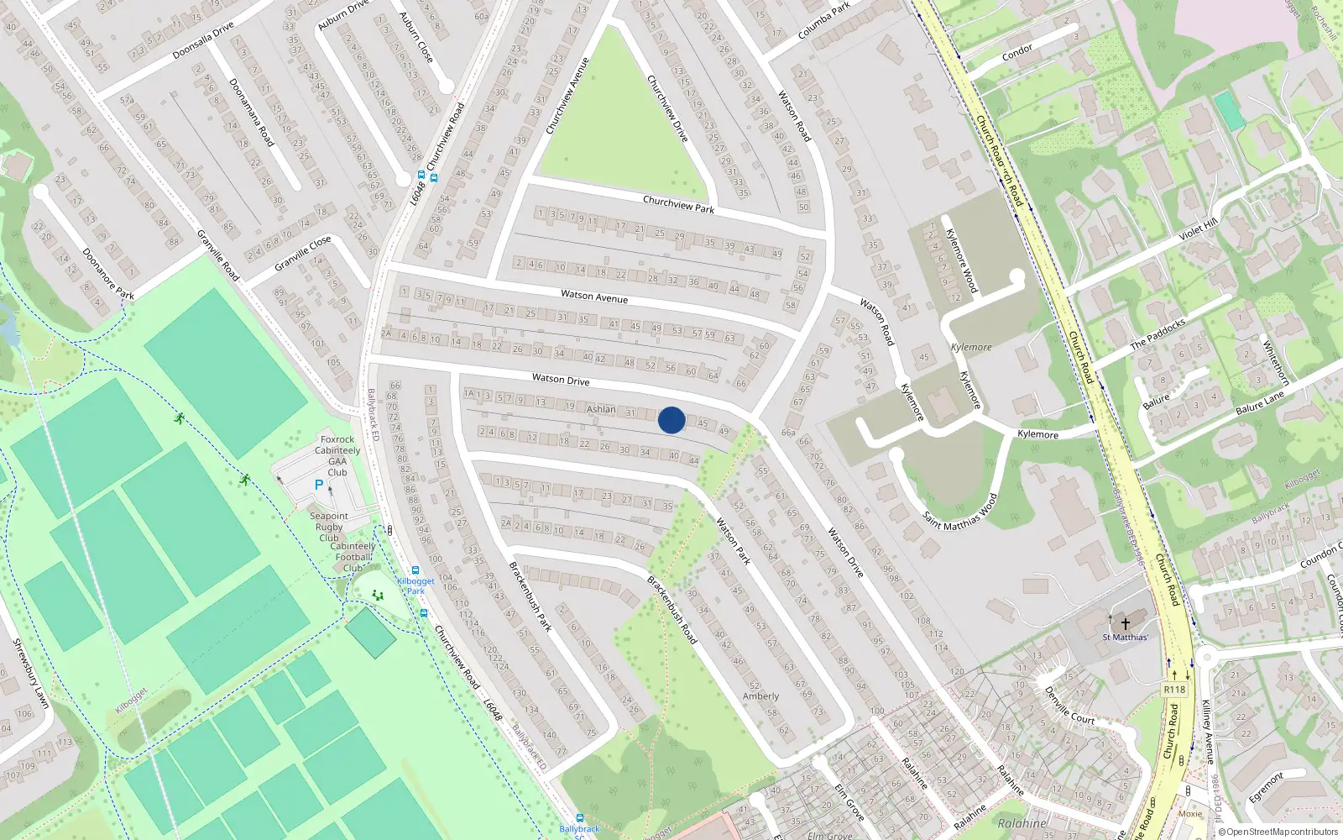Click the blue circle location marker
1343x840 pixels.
[671, 420]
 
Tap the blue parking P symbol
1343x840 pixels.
[318, 485]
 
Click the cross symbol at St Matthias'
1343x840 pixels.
[1126, 623]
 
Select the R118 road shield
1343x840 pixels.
[1174, 690]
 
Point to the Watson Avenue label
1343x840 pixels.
[594, 296]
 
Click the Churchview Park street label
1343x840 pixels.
[678, 204]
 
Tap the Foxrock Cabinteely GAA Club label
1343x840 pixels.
[337, 455]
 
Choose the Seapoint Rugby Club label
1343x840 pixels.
[329, 527]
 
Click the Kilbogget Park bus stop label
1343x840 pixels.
[415, 585]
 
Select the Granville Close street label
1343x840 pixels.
[303, 253]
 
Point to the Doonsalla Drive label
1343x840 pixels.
[203, 41]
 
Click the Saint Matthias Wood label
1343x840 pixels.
[960, 511]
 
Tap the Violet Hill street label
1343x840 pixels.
[1198, 229]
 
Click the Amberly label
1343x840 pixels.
[760, 696]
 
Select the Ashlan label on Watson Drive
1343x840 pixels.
[601, 409]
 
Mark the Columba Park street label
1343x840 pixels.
[823, 21]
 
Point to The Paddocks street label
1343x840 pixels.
[1157, 333]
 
